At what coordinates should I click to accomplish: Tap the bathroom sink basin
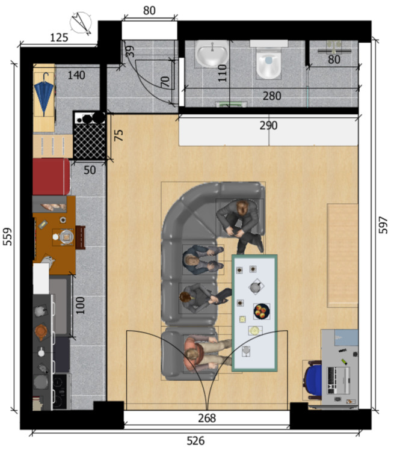point(212,55)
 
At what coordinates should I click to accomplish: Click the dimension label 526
point(195,440)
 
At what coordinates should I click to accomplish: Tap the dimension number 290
point(268,126)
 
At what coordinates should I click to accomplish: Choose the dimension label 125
point(58,37)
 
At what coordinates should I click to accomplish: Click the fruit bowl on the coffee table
point(262,311)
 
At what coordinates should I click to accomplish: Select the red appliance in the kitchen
point(51,177)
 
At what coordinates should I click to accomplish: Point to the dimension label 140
point(76,75)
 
